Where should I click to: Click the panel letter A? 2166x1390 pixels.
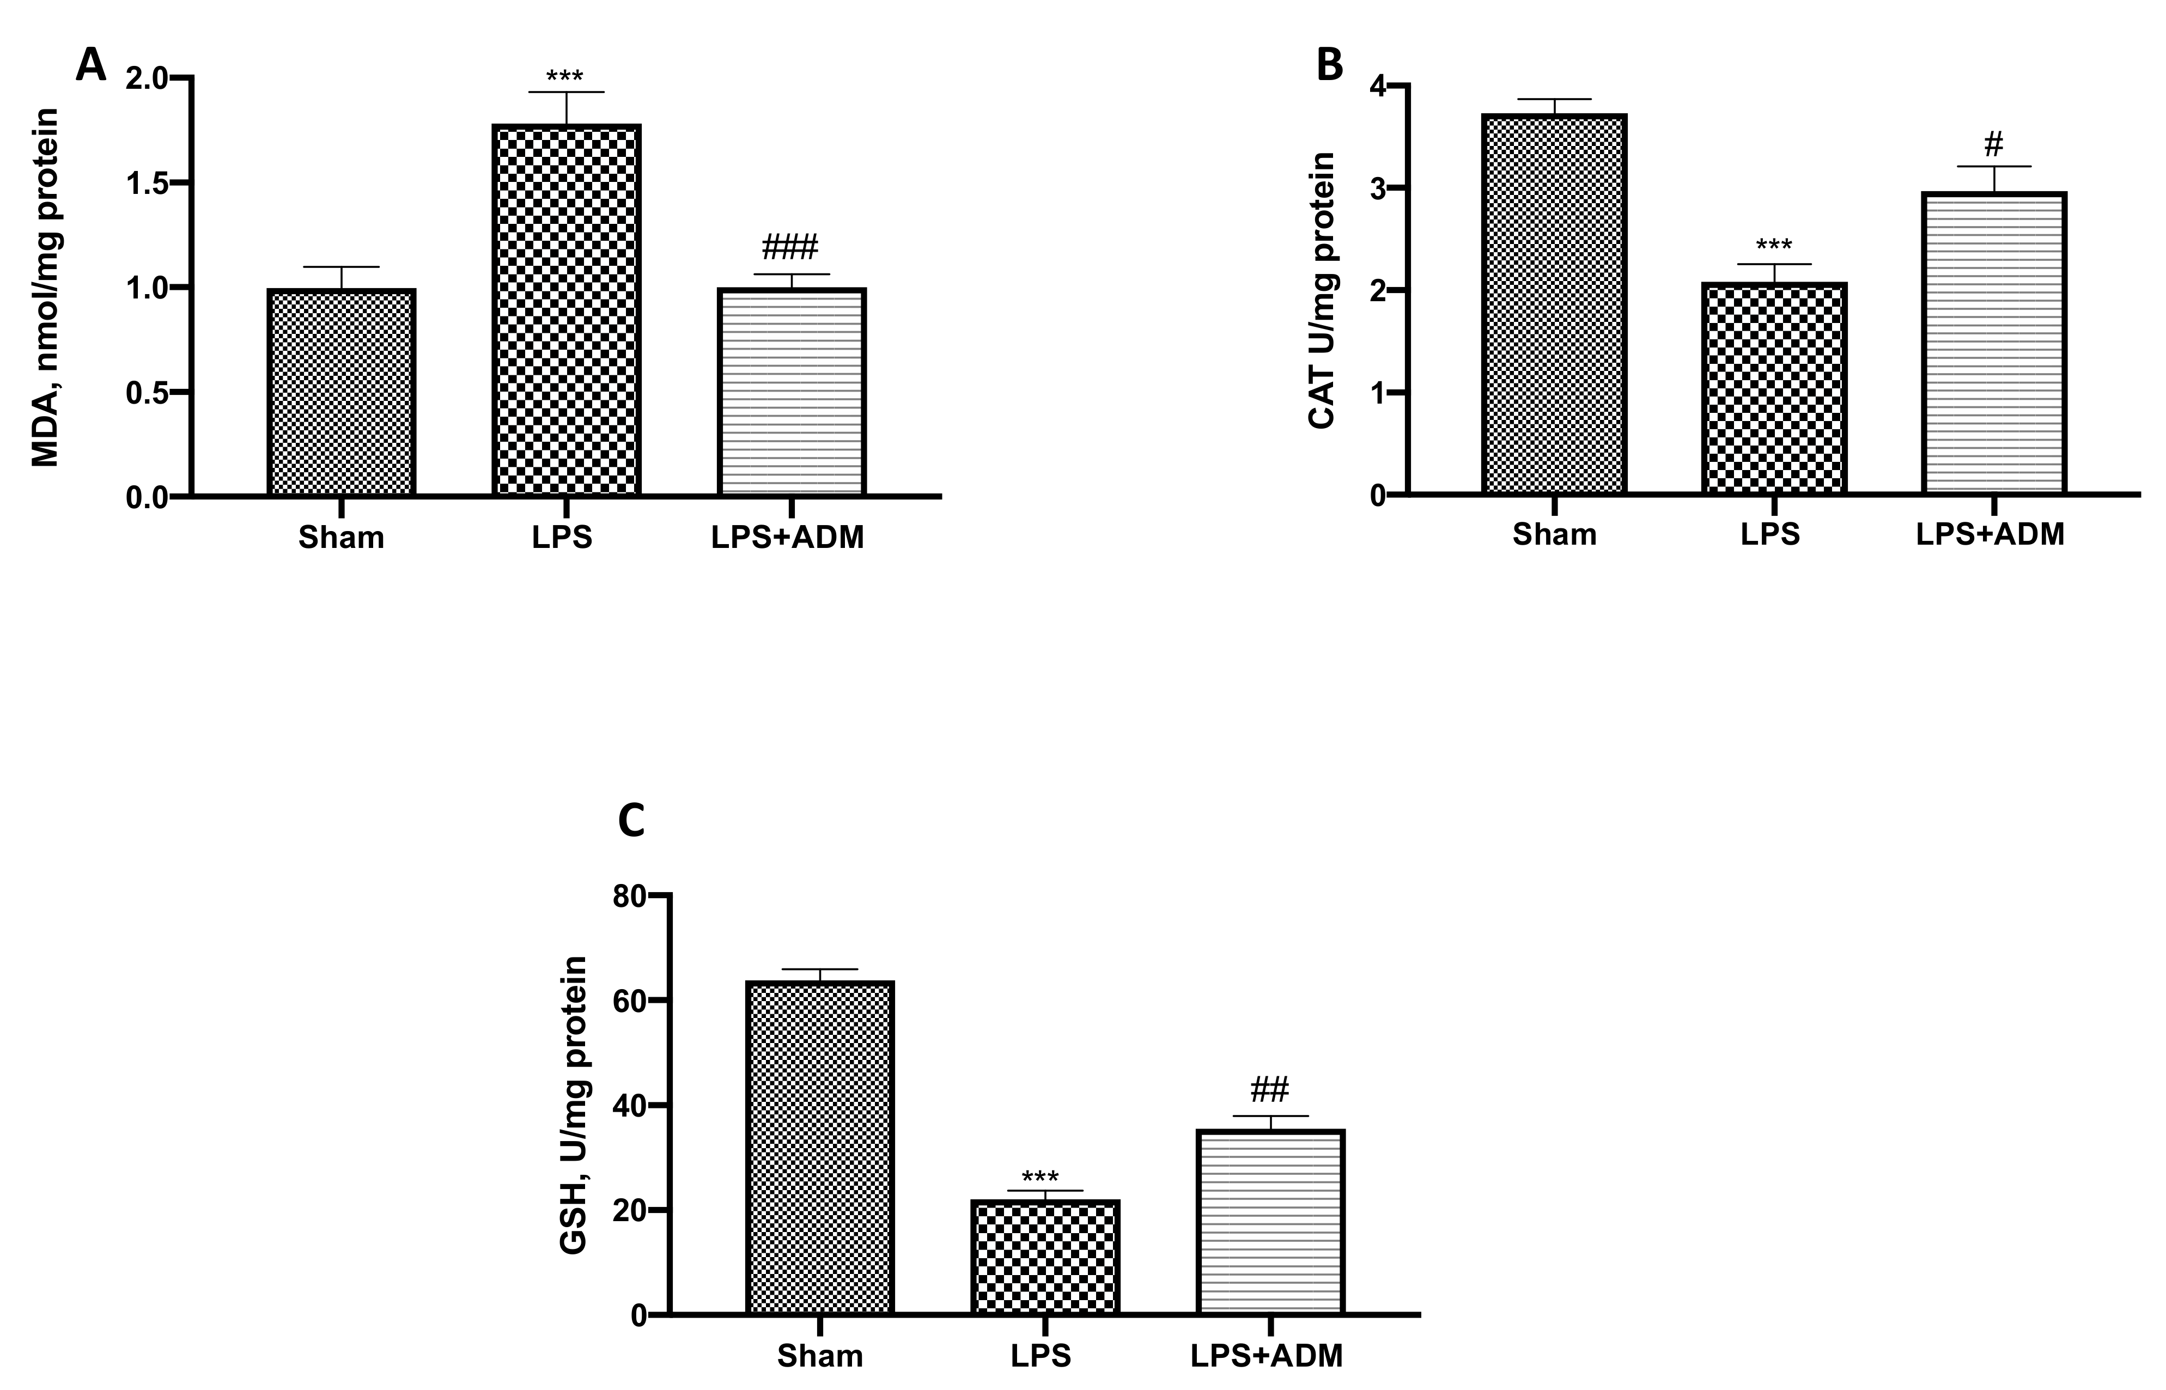click(x=91, y=65)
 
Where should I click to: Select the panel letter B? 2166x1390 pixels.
click(x=1330, y=65)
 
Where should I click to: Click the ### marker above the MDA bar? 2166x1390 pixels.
click(x=790, y=246)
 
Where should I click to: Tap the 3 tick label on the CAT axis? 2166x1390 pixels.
click(x=1376, y=188)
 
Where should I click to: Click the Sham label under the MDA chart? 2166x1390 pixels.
click(x=341, y=538)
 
